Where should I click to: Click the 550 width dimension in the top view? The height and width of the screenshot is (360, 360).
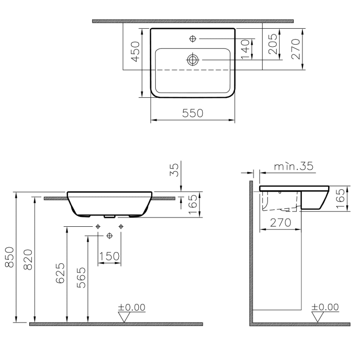coord(192,113)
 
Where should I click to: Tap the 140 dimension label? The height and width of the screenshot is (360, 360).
coord(246,49)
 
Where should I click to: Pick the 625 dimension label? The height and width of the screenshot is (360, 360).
coord(61,273)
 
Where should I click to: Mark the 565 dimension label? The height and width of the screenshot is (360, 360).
coord(82,278)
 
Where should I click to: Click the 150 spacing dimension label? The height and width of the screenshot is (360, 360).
coord(109,256)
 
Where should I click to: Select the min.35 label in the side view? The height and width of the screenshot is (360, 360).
coord(293,166)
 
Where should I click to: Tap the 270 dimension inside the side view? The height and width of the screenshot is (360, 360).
coord(280,222)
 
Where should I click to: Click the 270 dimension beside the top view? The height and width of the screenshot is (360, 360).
coord(296,47)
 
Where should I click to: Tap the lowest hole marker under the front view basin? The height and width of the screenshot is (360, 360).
coord(109,236)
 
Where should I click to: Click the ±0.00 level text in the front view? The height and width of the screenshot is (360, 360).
coord(132,307)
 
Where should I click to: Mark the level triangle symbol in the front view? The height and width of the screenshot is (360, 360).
coord(124,317)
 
